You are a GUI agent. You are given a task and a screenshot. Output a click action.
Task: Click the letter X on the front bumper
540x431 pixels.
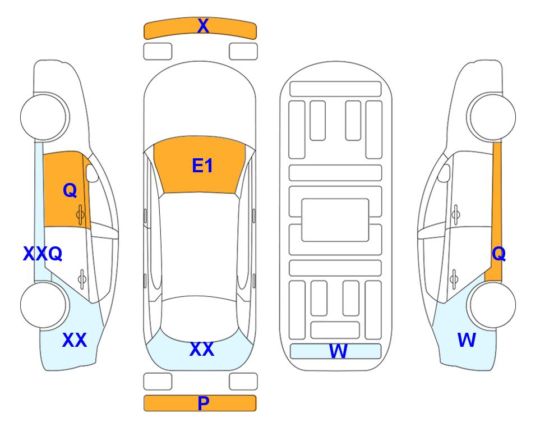click(x=203, y=26)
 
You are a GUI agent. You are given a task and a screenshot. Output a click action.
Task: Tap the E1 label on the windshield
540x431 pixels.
click(x=202, y=166)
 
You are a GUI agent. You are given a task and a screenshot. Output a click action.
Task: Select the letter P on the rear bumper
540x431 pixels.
click(x=203, y=403)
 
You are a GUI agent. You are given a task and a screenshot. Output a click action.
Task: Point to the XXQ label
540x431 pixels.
click(x=43, y=254)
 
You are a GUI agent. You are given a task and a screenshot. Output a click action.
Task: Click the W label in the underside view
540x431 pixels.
click(x=338, y=351)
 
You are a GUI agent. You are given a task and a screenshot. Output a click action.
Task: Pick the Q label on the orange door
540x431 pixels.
click(x=70, y=190)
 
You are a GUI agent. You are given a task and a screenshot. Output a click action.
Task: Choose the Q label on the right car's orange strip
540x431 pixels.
click(x=499, y=254)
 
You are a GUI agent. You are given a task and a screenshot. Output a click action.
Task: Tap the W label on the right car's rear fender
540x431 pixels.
click(x=467, y=340)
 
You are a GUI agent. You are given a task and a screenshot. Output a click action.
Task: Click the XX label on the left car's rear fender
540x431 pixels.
click(x=74, y=340)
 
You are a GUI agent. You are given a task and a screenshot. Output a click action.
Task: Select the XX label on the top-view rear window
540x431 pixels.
click(x=202, y=349)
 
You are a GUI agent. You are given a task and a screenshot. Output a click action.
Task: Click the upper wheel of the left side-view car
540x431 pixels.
click(x=45, y=117)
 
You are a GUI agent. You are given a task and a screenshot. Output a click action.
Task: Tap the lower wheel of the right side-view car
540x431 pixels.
click(x=491, y=305)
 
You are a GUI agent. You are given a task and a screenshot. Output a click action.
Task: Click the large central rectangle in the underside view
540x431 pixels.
click(x=335, y=220)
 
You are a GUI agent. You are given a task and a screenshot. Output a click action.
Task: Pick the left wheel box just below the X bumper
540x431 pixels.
click(x=158, y=52)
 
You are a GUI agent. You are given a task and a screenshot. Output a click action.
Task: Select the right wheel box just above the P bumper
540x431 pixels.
click(x=243, y=382)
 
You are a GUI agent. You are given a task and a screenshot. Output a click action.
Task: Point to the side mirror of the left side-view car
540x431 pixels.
click(x=92, y=173)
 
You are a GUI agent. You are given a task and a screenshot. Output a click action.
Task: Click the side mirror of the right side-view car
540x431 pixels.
click(x=444, y=173)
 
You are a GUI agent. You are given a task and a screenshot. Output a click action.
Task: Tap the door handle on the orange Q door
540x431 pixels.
click(x=81, y=214)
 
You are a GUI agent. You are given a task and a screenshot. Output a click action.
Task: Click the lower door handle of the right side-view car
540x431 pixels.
click(x=454, y=279)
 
